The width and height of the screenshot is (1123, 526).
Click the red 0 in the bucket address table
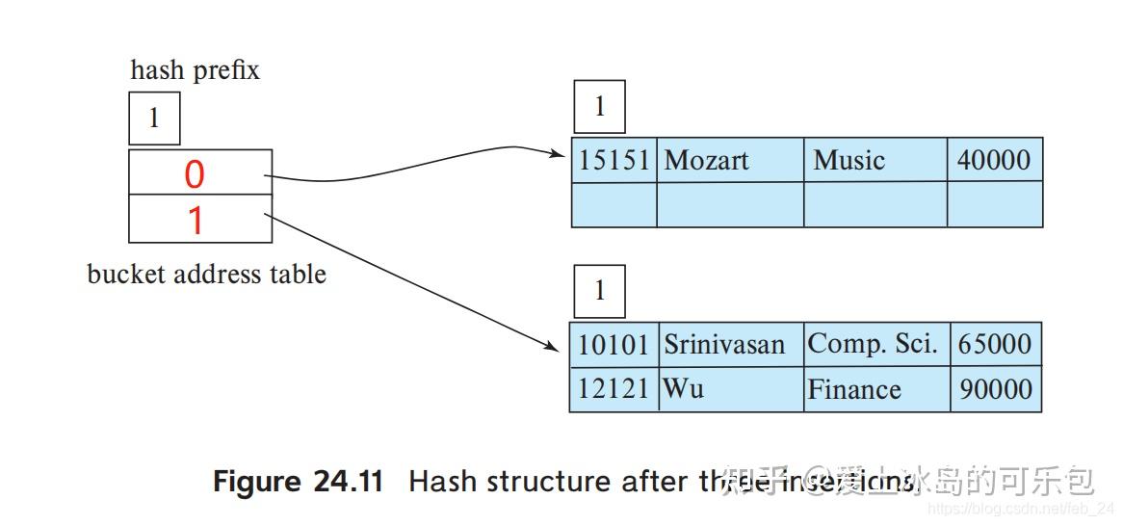pyautogui.click(x=195, y=174)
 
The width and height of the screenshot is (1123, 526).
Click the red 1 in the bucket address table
pyautogui.click(x=195, y=221)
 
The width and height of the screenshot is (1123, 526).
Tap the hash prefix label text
pyautogui.click(x=195, y=70)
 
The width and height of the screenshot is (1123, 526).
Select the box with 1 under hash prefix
pyautogui.click(x=154, y=119)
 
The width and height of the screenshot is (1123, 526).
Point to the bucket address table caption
pyautogui.click(x=206, y=275)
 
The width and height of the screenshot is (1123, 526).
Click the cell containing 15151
pyautogui.click(x=614, y=160)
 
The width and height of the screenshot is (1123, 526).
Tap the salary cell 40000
pyautogui.click(x=993, y=160)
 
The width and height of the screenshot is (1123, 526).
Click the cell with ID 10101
pyautogui.click(x=614, y=344)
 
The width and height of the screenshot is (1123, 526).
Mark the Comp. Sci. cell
pyautogui.click(x=873, y=344)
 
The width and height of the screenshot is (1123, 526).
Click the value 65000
pyautogui.click(x=994, y=344)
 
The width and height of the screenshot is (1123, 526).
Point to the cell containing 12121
pyautogui.click(x=614, y=389)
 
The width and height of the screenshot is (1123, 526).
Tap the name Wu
pyautogui.click(x=683, y=389)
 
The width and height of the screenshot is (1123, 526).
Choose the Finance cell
pyautogui.click(x=854, y=389)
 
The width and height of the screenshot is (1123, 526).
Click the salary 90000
pyautogui.click(x=994, y=389)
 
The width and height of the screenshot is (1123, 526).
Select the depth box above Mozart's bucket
pyautogui.click(x=599, y=107)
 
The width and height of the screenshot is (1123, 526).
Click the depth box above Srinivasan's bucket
pyautogui.click(x=599, y=291)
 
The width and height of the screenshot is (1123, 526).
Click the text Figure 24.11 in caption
pyautogui.click(x=298, y=482)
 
